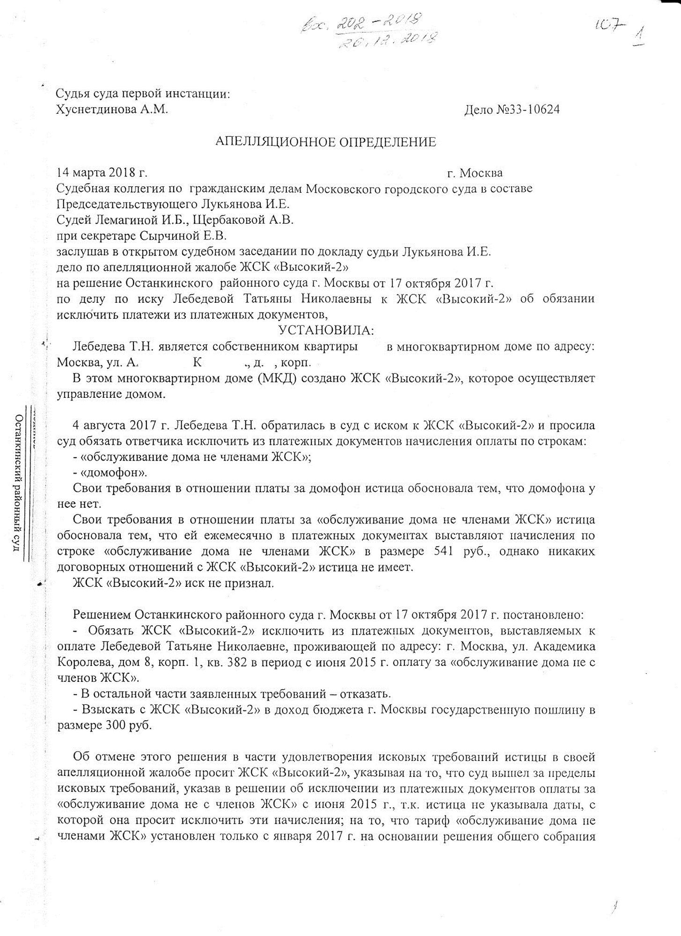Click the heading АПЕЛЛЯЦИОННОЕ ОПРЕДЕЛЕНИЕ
coord(325,142)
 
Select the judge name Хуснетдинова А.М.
coord(111,110)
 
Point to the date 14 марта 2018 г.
coord(102,173)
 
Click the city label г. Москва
coord(475,173)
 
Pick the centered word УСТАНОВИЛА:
coord(326,331)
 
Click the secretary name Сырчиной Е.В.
coord(180,236)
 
